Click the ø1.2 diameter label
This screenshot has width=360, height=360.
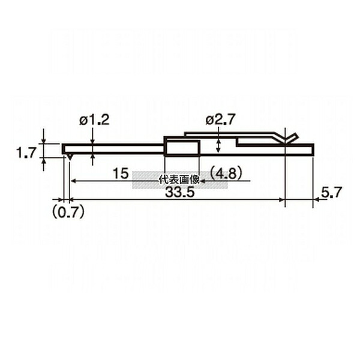[94, 120]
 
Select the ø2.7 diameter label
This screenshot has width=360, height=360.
[220, 119]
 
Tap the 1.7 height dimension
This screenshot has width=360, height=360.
[26, 152]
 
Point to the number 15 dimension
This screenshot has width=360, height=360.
[121, 173]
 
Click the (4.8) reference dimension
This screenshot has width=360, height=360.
[226, 173]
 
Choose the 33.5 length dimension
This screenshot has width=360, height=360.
[180, 193]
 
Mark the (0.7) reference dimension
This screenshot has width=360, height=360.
[68, 212]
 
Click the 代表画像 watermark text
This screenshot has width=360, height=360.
[179, 180]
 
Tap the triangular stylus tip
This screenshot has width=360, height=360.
[70, 157]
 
